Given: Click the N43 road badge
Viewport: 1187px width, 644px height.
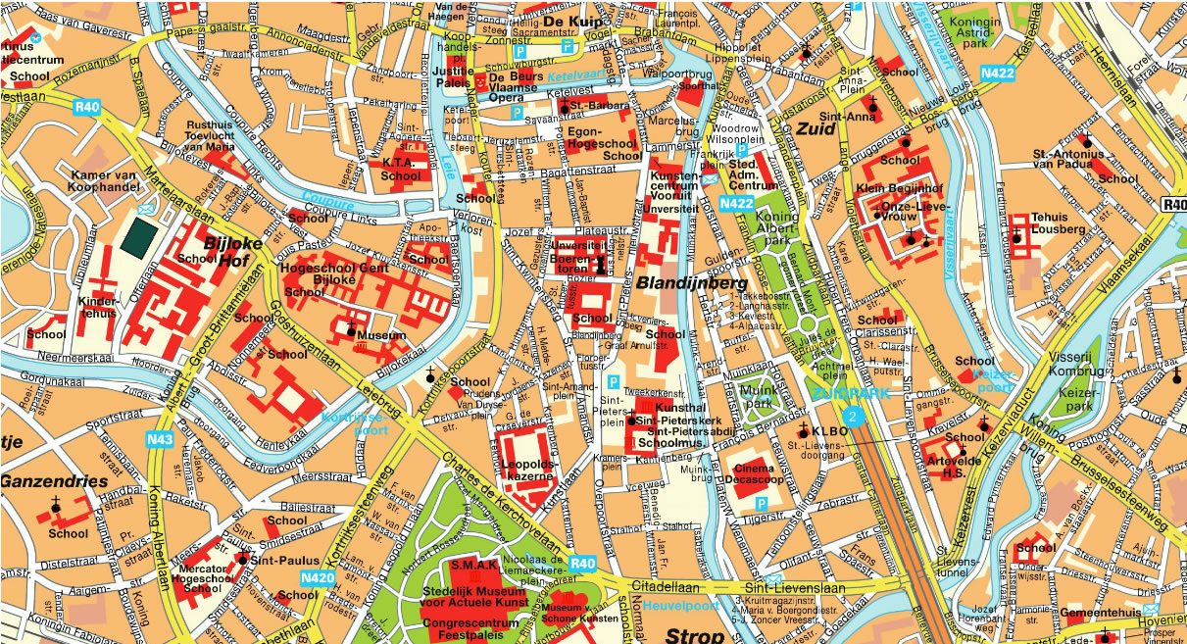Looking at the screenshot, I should coord(161,440).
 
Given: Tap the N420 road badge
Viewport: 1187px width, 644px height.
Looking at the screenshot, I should coord(316,578).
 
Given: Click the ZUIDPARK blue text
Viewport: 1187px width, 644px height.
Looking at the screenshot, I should coord(850,394).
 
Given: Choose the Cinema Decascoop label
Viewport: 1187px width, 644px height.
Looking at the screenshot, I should coord(761,474).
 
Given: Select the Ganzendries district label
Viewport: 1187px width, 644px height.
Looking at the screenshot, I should coord(54,482).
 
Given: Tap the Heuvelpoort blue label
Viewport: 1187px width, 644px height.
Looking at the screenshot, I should coord(681,606).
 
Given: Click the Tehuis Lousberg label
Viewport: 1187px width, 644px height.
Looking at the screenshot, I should coord(1059,223).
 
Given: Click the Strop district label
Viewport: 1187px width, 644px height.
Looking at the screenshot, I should coord(694,634).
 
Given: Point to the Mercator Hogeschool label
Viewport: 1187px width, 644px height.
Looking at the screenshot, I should coord(202,578).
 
